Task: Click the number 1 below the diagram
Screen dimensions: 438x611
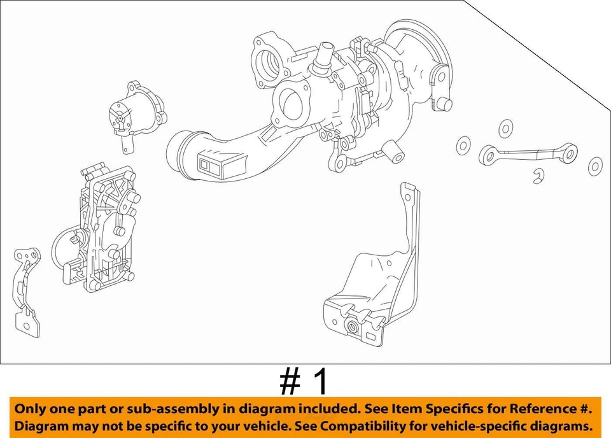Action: [x=321, y=382]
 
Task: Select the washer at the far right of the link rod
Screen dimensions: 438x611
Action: [x=595, y=166]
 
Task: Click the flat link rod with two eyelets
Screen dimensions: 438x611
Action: [x=528, y=153]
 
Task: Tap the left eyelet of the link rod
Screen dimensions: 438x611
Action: [x=489, y=153]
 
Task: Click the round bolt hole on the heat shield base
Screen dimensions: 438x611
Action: [x=351, y=328]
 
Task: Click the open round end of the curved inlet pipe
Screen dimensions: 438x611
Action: [x=179, y=151]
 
